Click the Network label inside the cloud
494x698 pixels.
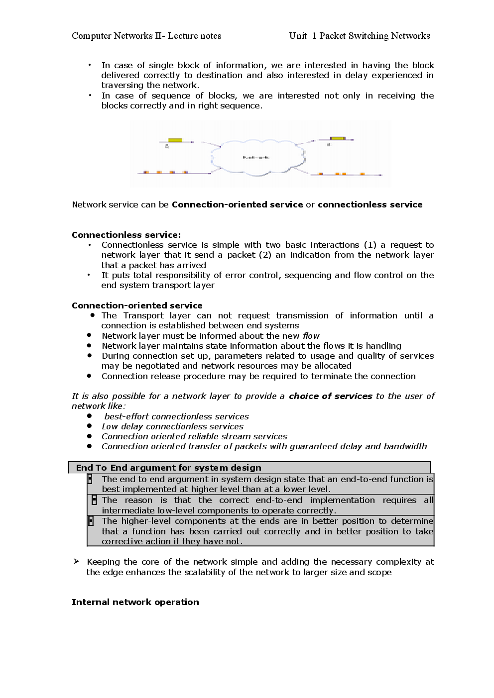(256, 157)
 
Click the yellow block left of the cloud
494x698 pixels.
(175, 141)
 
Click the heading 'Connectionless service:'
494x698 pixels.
(126, 235)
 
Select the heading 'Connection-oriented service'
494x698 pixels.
(137, 305)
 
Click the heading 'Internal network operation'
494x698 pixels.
(135, 602)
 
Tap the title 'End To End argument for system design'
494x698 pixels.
(168, 468)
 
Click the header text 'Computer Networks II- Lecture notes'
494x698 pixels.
(146, 36)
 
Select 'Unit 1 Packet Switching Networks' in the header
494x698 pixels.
(359, 36)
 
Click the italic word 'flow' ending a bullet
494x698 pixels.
(311, 336)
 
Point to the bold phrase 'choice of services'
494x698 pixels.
(330, 396)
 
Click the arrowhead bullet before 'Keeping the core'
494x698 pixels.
(76, 562)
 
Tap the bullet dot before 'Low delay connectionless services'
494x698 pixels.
(90, 426)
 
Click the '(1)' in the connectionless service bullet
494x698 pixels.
(370, 245)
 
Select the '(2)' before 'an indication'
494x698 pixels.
(264, 255)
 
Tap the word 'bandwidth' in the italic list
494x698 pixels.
(403, 446)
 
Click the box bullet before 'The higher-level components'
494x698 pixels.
(91, 521)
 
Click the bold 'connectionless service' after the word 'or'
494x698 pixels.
(370, 204)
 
